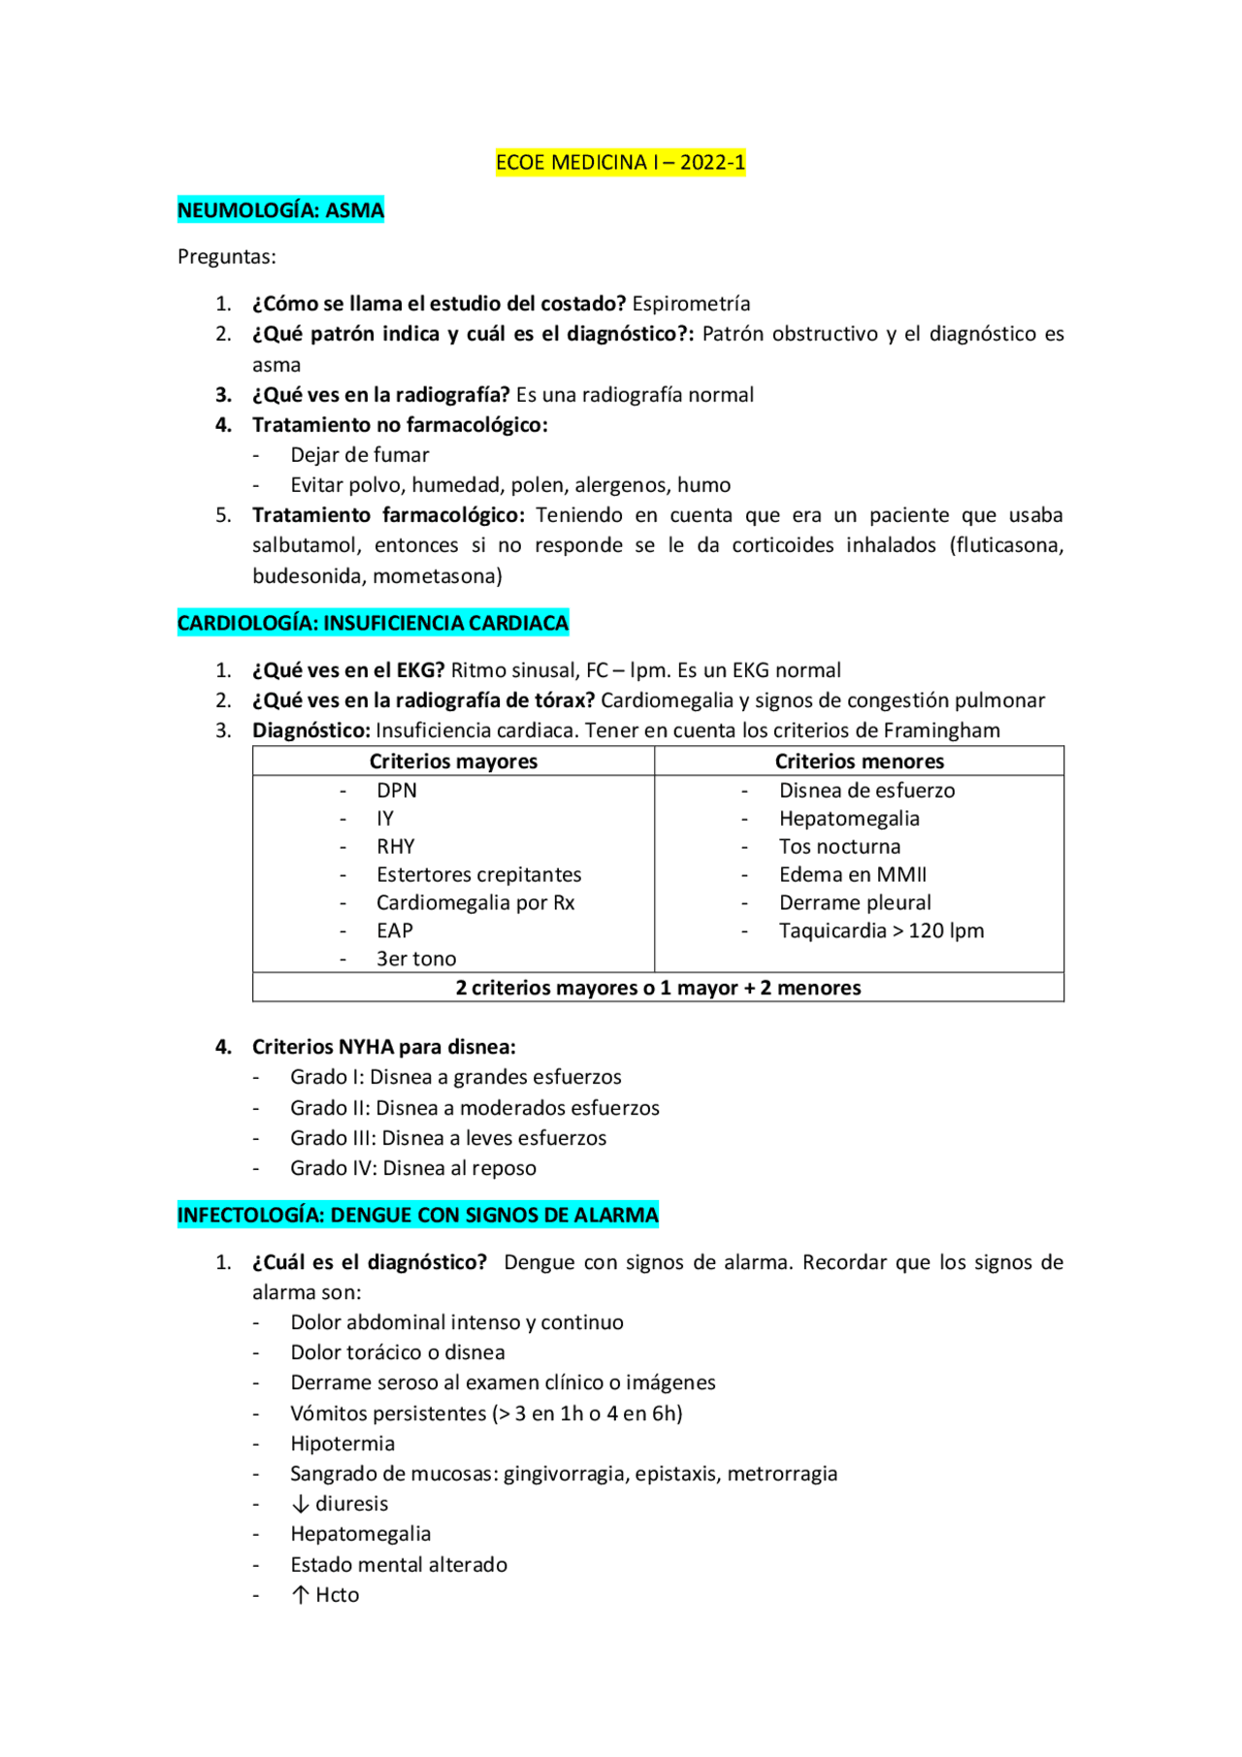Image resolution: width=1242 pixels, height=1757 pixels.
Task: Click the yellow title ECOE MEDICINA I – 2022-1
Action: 620,162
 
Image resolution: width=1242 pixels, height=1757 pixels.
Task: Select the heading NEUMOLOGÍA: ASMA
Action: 280,210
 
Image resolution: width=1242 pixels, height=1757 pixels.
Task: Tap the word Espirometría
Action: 691,304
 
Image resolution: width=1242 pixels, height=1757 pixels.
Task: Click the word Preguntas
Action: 226,257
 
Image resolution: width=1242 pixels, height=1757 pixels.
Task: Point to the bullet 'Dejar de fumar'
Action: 359,455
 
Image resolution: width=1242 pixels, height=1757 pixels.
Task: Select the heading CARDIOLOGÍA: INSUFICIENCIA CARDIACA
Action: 373,623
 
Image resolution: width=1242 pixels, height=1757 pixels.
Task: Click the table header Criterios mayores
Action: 453,762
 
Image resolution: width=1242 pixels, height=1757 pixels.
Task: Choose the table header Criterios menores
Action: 859,762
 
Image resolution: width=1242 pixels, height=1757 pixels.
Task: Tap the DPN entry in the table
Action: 397,791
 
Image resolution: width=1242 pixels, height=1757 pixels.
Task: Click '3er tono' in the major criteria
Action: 416,959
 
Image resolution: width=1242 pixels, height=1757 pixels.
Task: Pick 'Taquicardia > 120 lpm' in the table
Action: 881,930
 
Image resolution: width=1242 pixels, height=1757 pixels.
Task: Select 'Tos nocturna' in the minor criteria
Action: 839,847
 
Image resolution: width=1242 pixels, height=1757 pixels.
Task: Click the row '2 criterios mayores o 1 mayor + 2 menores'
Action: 658,988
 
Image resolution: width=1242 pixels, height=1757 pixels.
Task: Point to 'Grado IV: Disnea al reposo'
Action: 412,1168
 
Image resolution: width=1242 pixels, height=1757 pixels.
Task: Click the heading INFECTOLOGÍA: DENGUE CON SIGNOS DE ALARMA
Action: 417,1215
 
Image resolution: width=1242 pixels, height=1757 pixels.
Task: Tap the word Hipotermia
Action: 343,1444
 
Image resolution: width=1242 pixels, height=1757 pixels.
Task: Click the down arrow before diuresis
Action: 301,1505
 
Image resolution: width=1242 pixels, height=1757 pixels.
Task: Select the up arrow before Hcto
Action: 301,1595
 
